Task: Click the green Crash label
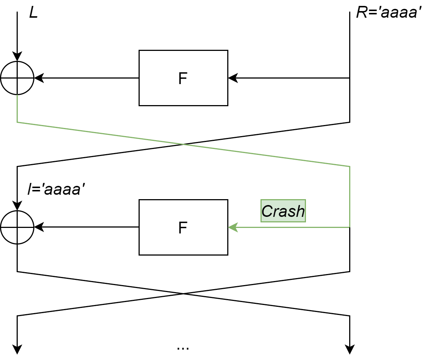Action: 283,211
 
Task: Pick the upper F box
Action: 183,78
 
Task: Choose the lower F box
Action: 183,227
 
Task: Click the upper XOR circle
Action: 17,78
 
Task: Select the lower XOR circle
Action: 17,227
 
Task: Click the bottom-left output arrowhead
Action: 17,349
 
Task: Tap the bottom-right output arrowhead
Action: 350,349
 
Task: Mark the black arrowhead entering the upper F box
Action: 233,78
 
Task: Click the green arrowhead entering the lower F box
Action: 233,227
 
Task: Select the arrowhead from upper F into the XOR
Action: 39,78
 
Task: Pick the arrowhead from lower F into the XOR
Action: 39,227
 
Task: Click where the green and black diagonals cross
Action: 183,144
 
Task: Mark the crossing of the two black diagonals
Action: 183,294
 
